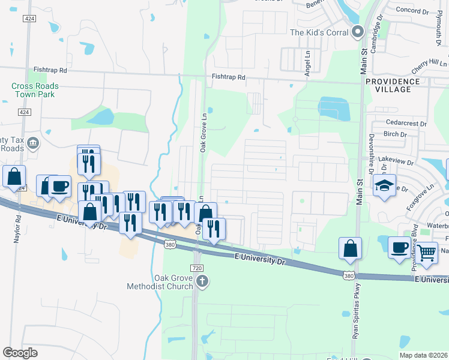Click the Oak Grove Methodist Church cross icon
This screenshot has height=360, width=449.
tap(203, 281)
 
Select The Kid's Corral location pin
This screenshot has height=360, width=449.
tap(358, 32)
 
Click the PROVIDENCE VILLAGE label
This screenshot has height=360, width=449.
tap(393, 85)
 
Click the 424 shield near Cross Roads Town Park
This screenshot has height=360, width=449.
tap(24, 112)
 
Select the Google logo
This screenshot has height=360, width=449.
tap(20, 353)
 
